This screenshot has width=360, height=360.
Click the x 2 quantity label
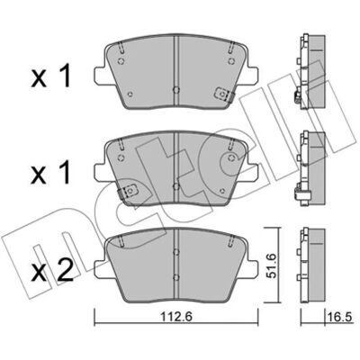tap(52, 271)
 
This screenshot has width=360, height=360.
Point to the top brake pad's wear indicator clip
tap(224, 94)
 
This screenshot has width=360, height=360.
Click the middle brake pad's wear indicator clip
tap(128, 191)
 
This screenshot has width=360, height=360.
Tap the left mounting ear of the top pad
tap(100, 75)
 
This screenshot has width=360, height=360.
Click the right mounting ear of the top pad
tap(253, 75)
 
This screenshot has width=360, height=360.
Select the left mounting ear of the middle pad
tap(100, 172)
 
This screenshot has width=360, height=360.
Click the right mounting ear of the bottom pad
tap(253, 268)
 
